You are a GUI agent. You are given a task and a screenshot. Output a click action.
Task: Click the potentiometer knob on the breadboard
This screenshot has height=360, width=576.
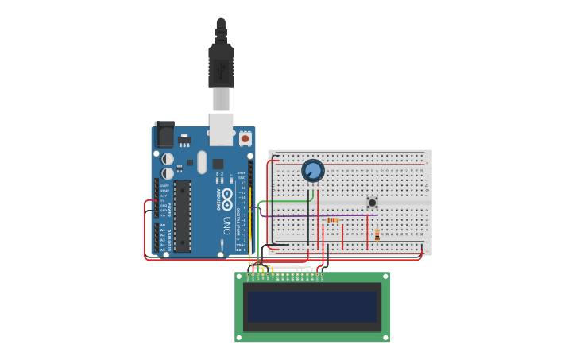pyautogui.click(x=313, y=170)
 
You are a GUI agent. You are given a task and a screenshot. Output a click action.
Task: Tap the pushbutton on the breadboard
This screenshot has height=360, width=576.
pyautogui.click(x=372, y=203)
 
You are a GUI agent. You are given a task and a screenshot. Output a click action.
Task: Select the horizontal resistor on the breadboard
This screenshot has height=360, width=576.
pyautogui.click(x=332, y=220)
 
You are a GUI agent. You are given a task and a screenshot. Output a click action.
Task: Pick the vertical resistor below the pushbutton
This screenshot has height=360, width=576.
pyautogui.click(x=377, y=234)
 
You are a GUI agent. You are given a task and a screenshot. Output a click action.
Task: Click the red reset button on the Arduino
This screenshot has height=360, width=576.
pyautogui.click(x=245, y=138)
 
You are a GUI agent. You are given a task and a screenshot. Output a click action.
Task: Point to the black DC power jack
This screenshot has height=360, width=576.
pyautogui.click(x=164, y=134)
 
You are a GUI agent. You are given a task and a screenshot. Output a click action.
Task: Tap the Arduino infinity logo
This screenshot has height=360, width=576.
pyautogui.click(x=226, y=197)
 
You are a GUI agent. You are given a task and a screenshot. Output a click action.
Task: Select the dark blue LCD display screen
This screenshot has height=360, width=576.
pyautogui.click(x=311, y=307)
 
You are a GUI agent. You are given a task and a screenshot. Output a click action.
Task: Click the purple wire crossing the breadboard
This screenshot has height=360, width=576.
pyautogui.click(x=342, y=215)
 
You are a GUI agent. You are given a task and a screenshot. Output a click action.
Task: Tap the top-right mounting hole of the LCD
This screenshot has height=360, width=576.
pyautogui.click(x=385, y=277)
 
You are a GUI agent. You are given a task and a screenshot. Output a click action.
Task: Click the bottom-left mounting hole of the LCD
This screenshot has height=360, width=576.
pyautogui.click(x=240, y=337)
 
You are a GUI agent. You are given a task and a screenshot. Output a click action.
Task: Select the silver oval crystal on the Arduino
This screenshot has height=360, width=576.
pyautogui.click(x=202, y=162)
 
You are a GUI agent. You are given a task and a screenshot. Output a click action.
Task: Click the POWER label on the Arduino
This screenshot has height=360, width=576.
pyautogui.click(x=168, y=207)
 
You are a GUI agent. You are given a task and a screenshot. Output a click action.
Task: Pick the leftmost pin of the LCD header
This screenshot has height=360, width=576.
pyautogui.click(x=249, y=275)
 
